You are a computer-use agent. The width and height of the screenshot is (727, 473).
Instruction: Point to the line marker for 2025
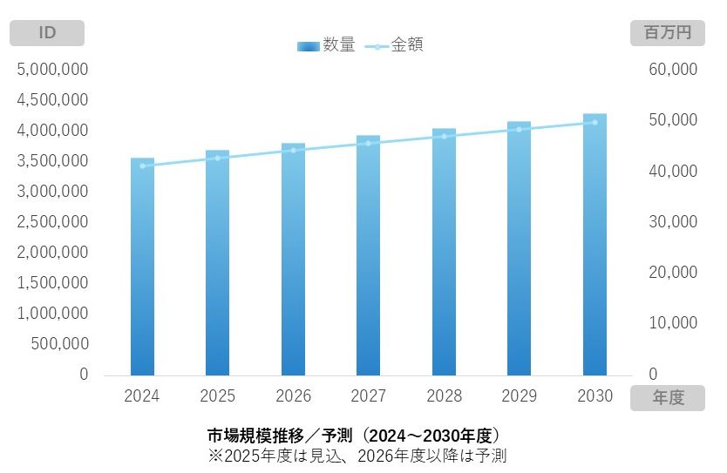click(218, 158)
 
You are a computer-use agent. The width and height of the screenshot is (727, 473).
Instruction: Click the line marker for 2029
click(520, 129)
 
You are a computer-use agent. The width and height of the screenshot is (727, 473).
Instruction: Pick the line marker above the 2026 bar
click(293, 151)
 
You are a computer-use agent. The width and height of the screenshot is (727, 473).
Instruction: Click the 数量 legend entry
click(327, 45)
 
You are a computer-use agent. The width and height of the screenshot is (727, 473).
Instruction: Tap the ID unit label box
click(47, 33)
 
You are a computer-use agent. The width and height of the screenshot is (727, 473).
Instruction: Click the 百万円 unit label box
click(667, 33)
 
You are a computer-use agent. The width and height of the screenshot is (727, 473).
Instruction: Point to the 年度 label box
click(667, 398)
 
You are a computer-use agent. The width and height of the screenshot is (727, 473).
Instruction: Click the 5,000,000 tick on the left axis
click(52, 69)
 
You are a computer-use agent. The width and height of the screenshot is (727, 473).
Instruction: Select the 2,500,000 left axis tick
click(52, 221)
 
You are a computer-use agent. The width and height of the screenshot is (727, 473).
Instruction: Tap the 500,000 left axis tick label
click(59, 344)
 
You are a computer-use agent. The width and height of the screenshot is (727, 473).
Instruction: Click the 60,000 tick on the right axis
click(674, 69)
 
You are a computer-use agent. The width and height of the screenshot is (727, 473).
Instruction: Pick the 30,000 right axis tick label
click(674, 221)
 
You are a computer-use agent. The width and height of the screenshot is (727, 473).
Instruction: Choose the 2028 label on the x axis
click(444, 396)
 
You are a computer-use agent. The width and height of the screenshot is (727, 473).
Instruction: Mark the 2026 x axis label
click(293, 396)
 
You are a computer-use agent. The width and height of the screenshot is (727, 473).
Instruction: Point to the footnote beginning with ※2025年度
click(357, 455)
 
